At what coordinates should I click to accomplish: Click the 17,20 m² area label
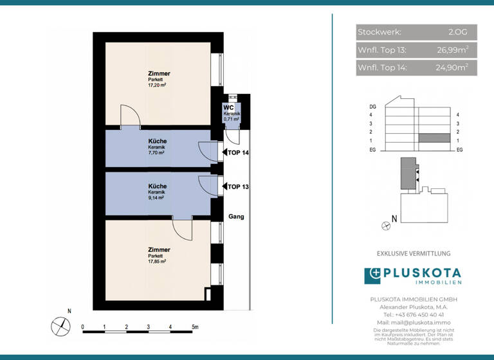click(x=157, y=84)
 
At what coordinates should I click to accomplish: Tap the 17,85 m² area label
click(x=157, y=262)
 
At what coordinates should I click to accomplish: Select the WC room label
click(x=228, y=107)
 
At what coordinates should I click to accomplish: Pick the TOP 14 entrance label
click(x=237, y=152)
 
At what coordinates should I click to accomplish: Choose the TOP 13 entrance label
click(x=237, y=186)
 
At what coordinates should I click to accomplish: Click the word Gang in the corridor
click(x=236, y=217)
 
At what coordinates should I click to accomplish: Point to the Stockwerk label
click(x=380, y=32)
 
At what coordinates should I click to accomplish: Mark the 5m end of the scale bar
click(x=194, y=327)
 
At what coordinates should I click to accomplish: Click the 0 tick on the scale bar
click(x=83, y=327)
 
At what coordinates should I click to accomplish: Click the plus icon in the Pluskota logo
click(x=373, y=276)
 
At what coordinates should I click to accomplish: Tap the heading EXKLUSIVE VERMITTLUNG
click(x=414, y=254)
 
